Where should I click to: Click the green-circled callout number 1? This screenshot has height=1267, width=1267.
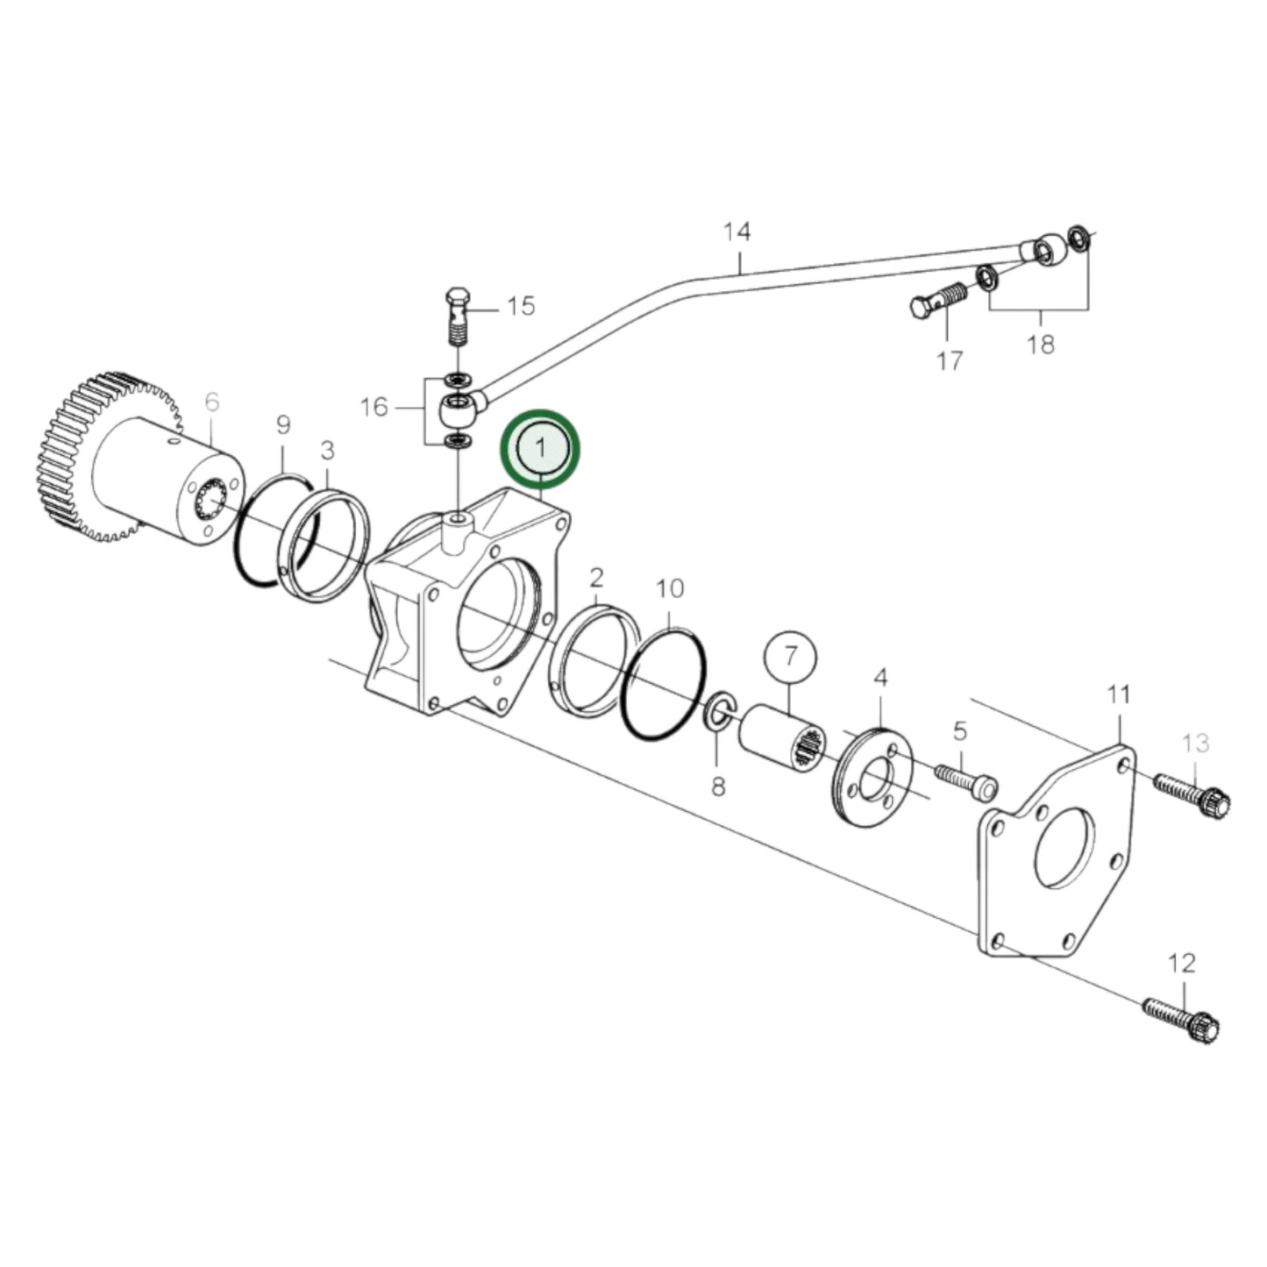(x=540, y=448)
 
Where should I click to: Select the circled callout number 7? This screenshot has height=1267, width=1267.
(x=790, y=655)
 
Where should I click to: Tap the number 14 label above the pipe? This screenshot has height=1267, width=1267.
(x=737, y=232)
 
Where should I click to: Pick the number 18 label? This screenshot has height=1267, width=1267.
(x=1041, y=345)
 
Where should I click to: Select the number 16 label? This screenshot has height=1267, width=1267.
(x=374, y=407)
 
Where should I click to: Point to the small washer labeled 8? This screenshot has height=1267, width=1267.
(x=718, y=710)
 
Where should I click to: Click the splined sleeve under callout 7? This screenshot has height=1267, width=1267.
(x=780, y=740)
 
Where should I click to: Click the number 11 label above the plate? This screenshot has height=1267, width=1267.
(x=1118, y=695)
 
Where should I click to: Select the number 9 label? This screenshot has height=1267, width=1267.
(x=283, y=426)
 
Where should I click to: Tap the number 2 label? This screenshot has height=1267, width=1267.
(x=596, y=578)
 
